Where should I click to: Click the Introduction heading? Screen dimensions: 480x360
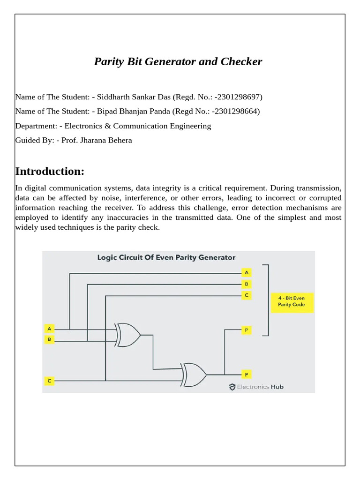pyautogui.click(x=50, y=171)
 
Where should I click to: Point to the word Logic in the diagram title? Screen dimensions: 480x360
pyautogui.click(x=106, y=257)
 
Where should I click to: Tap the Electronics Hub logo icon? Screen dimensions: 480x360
pyautogui.click(x=232, y=387)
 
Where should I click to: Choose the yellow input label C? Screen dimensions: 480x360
pyautogui.click(x=49, y=381)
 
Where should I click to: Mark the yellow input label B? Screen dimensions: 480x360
pyautogui.click(x=49, y=339)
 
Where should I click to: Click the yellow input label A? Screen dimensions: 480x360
pyautogui.click(x=49, y=329)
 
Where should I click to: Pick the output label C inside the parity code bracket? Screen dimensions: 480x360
pyautogui.click(x=247, y=295)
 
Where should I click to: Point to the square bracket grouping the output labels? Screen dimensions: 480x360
pyautogui.click(x=268, y=300)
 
